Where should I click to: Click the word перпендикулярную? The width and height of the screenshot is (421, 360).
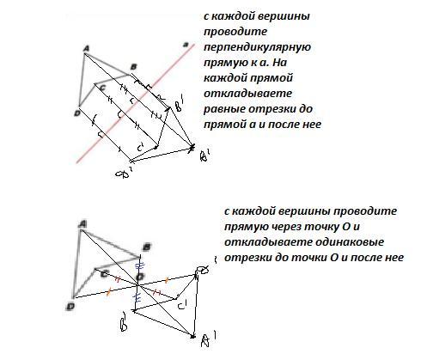257,47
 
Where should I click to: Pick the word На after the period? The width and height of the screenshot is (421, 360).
279,63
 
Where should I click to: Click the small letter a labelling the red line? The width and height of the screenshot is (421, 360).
186,45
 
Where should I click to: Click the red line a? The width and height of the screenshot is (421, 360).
136,104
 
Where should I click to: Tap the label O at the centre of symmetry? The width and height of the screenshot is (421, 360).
140,277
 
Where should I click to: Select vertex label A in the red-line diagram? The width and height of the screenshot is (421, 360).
86,49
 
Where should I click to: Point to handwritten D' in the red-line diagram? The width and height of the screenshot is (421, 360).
124,173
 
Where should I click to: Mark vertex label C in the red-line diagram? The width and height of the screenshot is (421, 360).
103,88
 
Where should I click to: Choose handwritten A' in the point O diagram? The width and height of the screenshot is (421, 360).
208,339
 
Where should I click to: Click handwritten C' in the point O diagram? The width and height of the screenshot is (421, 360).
182,305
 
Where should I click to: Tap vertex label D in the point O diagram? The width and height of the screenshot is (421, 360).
70,307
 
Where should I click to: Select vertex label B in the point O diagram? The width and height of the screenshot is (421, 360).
147,247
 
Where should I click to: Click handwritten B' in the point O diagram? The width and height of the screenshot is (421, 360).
124,321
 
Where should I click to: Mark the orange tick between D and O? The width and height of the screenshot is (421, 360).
108,292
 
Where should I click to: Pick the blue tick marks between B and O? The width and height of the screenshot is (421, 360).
139,265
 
